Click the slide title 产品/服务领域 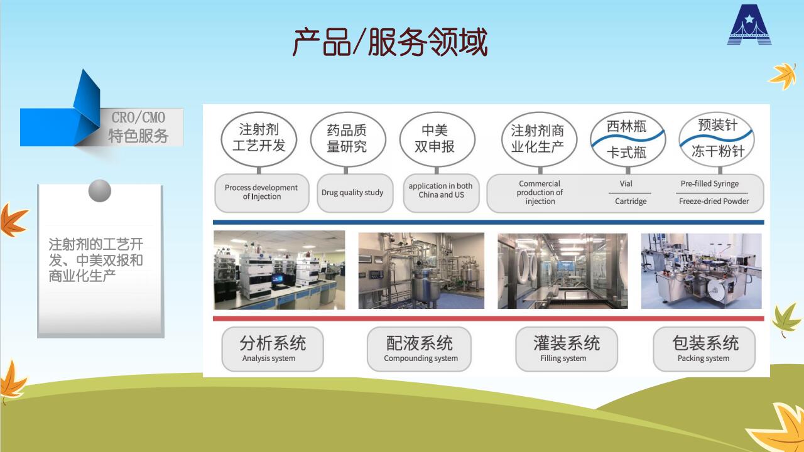(x=390, y=42)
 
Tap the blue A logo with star (x=749, y=24)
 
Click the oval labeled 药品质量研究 (x=347, y=139)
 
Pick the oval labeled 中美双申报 (x=437, y=139)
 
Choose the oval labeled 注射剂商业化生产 (x=539, y=139)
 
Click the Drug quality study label (x=352, y=193)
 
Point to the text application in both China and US (x=441, y=190)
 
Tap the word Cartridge (x=631, y=202)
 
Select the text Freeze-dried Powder (x=714, y=202)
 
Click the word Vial (x=626, y=184)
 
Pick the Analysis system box (x=273, y=348)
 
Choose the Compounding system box (x=419, y=348)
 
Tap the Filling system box (x=567, y=348)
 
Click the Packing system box (x=704, y=348)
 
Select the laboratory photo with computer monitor (x=280, y=270)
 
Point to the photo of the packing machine (x=702, y=271)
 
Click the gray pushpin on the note (x=100, y=190)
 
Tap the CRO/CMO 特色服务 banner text (x=138, y=127)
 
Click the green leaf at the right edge (x=786, y=320)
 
